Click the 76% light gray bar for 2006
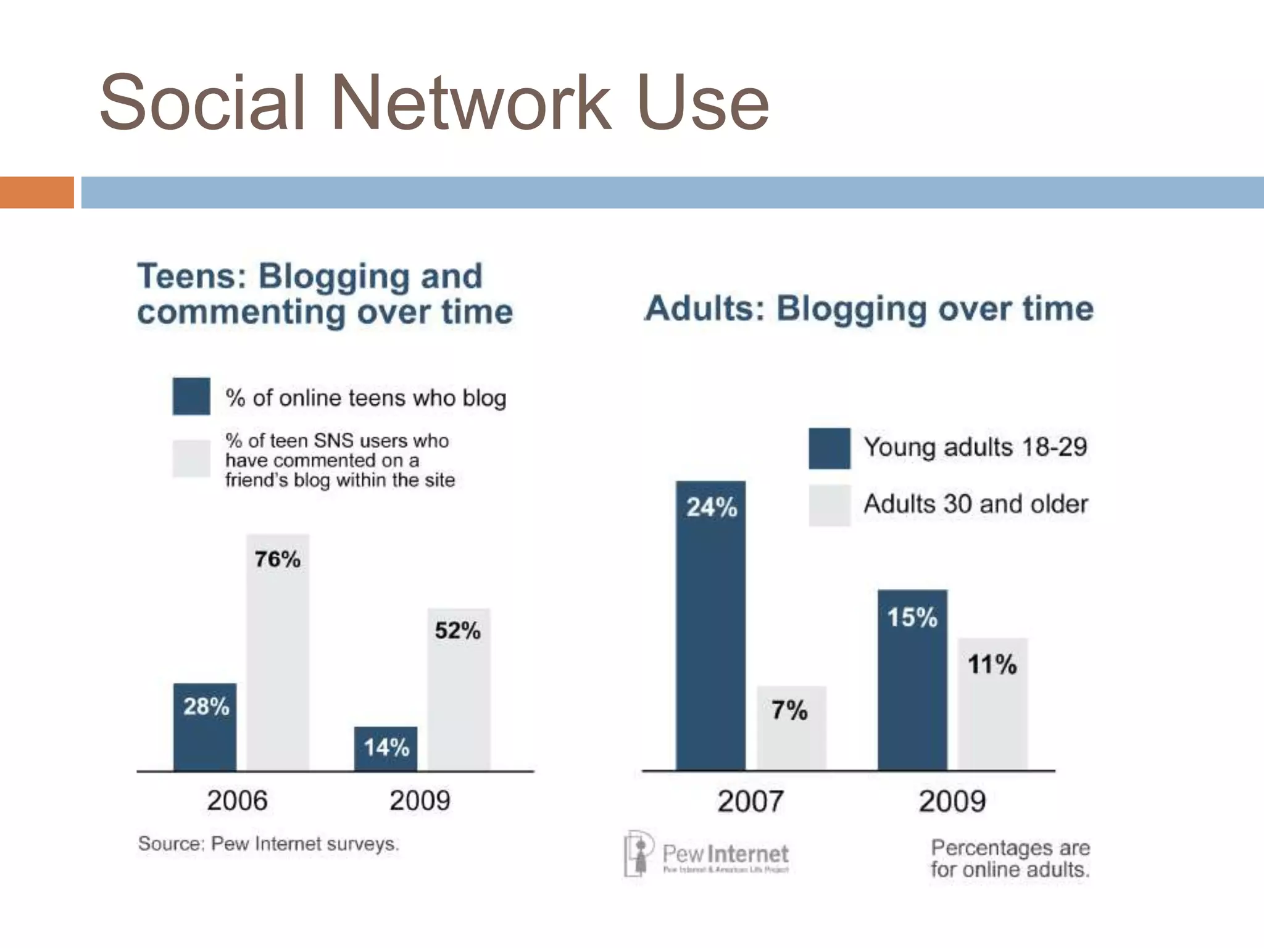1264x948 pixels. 278,654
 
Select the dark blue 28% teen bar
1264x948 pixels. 205,728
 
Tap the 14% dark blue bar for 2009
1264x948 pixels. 386,749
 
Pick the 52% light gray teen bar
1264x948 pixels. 459,691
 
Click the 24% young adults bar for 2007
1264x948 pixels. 710,626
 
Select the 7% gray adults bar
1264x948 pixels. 791,728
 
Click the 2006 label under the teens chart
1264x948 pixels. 237,801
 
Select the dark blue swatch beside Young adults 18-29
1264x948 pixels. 829,449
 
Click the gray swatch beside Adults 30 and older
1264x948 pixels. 829,505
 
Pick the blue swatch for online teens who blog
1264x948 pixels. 191,396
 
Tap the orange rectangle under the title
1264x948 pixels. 36,193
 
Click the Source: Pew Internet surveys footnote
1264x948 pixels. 268,844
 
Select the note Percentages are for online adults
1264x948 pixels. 1010,859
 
